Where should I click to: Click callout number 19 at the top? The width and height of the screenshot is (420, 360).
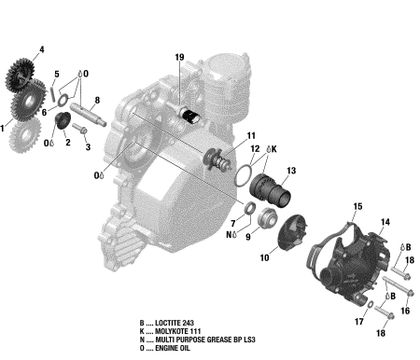179,57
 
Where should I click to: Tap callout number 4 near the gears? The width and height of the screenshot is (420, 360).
42,49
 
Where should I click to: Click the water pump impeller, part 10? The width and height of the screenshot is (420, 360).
292,229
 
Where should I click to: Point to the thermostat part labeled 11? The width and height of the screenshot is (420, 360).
217,159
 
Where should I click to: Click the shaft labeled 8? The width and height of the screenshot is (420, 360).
88,115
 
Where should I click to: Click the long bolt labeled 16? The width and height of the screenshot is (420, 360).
398,285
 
